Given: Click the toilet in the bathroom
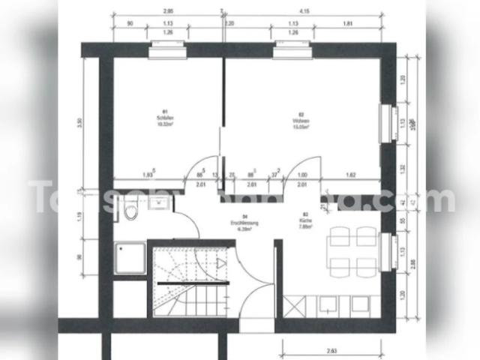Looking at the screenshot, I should point(132,214).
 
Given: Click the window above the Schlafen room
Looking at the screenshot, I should point(166,50).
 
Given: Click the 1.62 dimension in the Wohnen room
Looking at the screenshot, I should point(351,175).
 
